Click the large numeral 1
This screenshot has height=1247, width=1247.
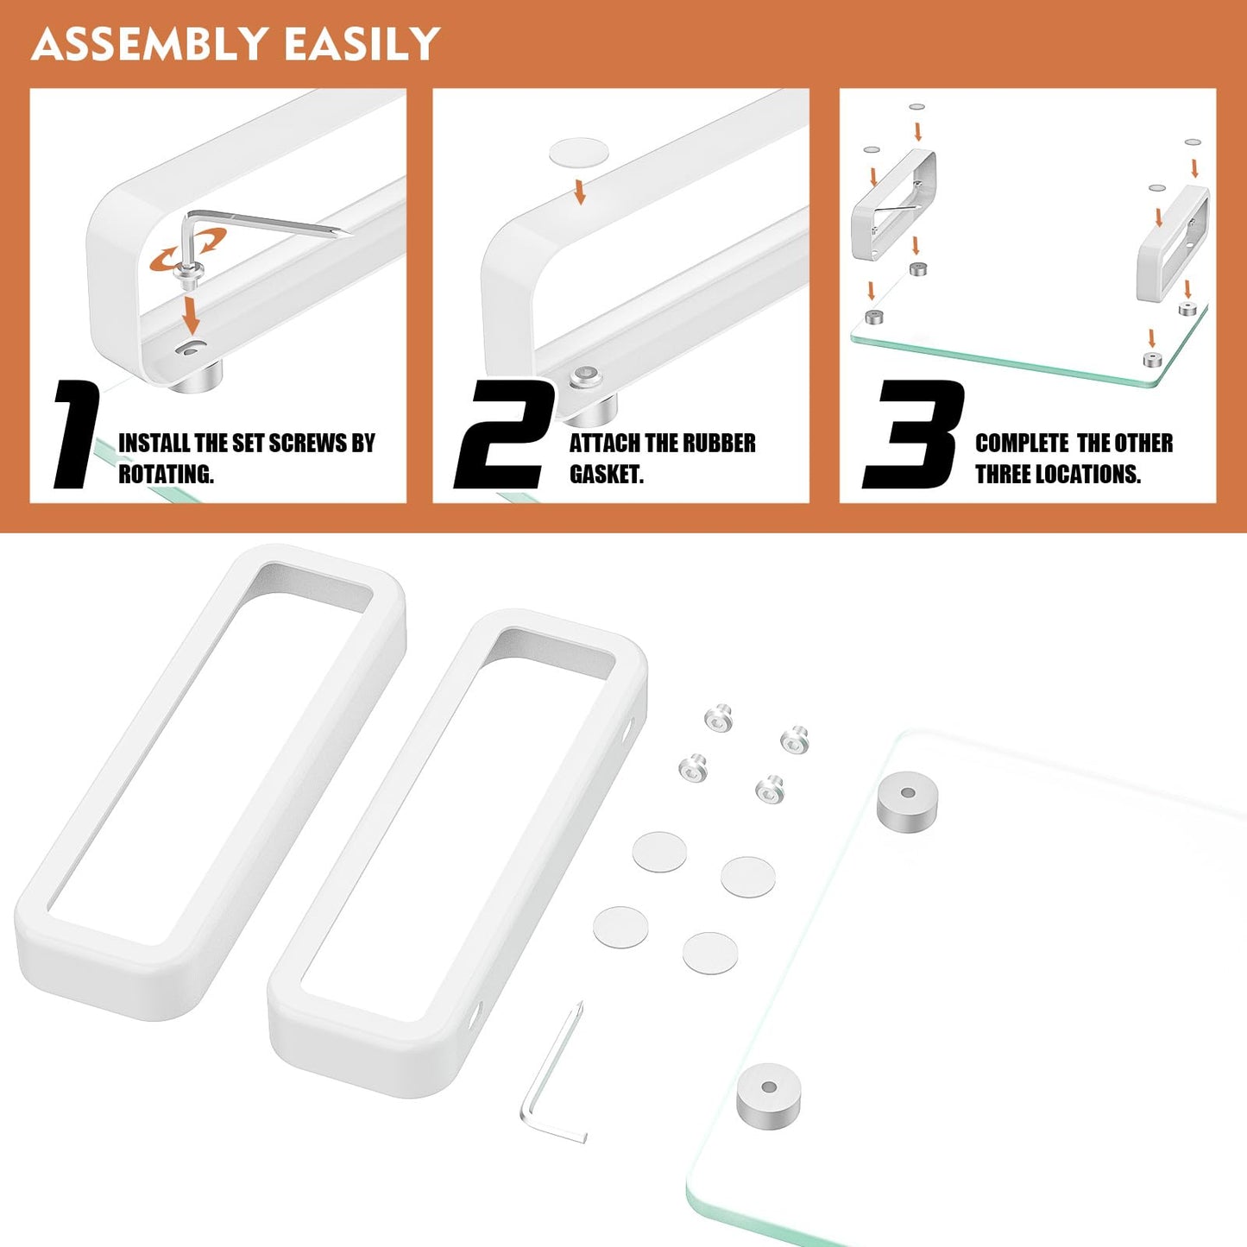[76, 434]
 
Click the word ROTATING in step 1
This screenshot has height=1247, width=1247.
[165, 474]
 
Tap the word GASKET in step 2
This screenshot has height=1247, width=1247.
[606, 474]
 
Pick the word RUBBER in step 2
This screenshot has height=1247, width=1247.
[718, 443]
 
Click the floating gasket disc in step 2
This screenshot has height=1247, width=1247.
[579, 154]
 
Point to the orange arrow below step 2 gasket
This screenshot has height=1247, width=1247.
[580, 192]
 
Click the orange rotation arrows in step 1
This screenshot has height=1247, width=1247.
[188, 248]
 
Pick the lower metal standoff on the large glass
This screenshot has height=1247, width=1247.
[768, 1093]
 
